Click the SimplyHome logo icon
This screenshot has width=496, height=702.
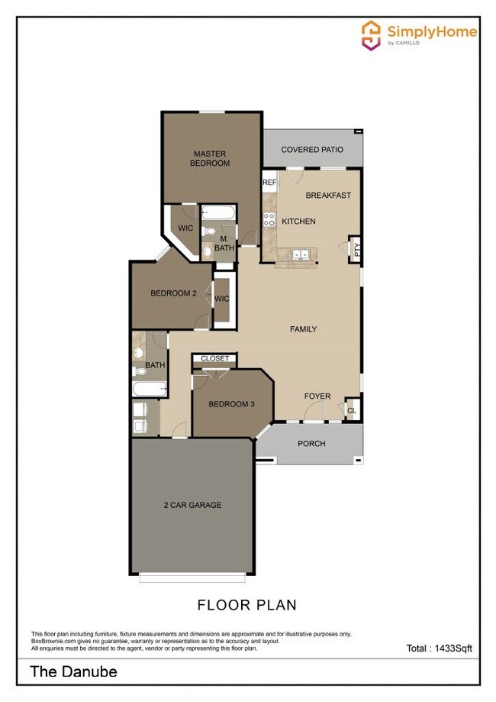coord(371,34)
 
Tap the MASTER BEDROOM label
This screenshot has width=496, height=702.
coord(209,159)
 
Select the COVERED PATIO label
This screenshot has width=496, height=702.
coord(312,150)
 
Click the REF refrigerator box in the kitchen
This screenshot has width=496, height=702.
coord(269,183)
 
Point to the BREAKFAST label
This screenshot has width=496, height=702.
coord(328,196)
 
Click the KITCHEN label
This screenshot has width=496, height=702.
coord(298,222)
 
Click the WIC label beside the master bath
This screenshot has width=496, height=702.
coord(185,228)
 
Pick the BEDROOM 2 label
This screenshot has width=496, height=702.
coord(173,293)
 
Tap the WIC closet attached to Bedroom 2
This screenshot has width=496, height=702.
coord(222,299)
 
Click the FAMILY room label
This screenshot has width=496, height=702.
coord(303,329)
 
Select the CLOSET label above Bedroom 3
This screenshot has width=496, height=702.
coord(214,358)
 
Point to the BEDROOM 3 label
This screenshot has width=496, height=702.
coord(231,404)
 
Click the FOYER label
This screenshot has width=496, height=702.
coord(317,396)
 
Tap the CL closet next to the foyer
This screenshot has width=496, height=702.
coord(352,409)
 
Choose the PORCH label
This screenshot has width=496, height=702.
coord(311,444)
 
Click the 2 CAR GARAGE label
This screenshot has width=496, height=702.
coord(192,505)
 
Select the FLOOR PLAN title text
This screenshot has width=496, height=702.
coord(246,605)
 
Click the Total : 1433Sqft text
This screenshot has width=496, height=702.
coord(439,649)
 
